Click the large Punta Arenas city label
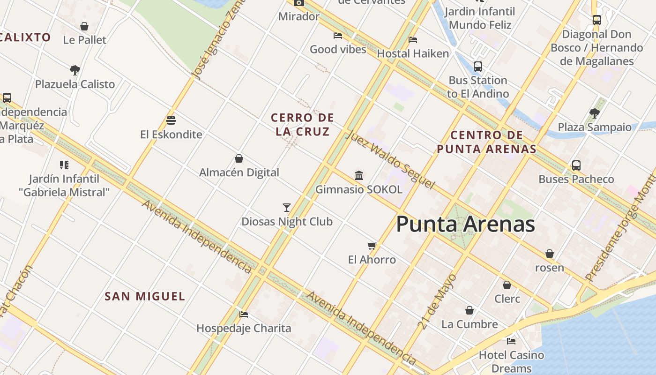click(465, 225)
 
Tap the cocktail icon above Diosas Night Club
click(287, 207)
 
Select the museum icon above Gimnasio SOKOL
click(359, 175)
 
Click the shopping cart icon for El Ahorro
click(372, 246)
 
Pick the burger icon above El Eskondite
click(171, 120)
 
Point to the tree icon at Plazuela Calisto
click(75, 70)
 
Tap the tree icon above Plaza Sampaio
click(595, 113)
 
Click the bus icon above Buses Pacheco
click(576, 165)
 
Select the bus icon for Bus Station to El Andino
click(477, 67)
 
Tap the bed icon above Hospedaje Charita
click(243, 314)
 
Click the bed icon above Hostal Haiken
click(412, 39)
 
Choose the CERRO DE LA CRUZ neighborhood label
click(303, 124)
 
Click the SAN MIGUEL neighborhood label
click(145, 296)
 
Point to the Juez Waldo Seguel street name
click(390, 160)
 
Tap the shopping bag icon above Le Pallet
click(84, 26)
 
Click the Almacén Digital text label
click(239, 172)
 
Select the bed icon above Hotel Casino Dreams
click(511, 341)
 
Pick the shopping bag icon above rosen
click(549, 254)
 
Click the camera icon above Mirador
click(298, 3)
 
